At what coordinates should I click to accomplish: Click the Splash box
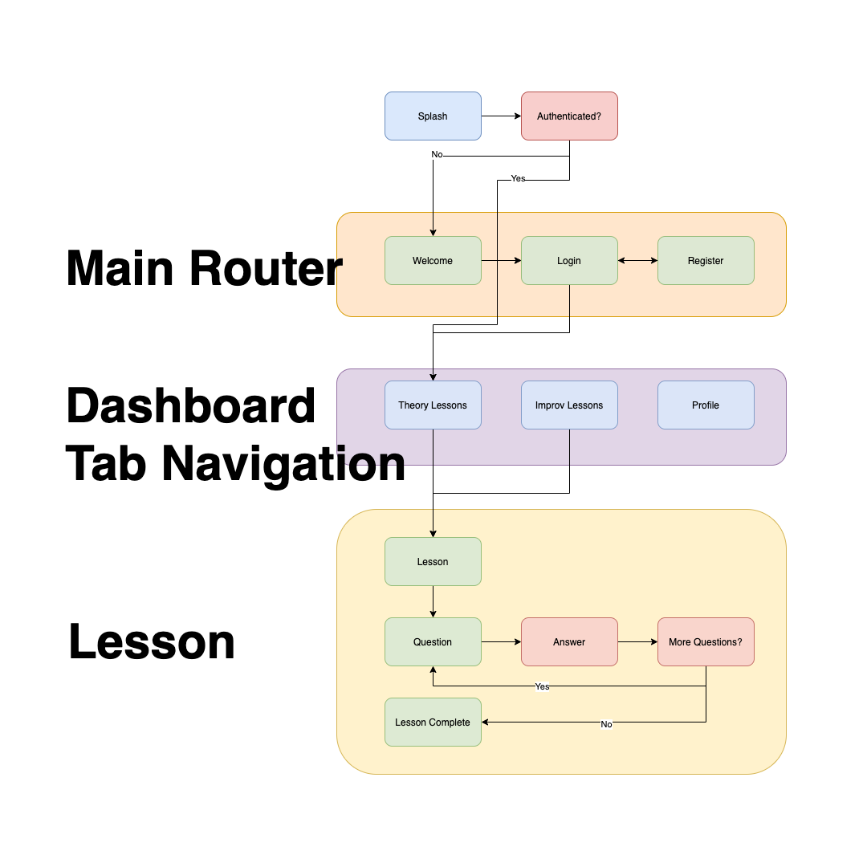point(433,116)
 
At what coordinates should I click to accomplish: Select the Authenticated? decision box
point(569,116)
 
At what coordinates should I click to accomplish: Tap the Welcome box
point(433,261)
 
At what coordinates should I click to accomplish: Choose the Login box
point(569,261)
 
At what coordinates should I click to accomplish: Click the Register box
point(706,261)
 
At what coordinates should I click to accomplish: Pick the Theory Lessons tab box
point(433,405)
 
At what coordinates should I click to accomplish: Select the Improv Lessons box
point(569,405)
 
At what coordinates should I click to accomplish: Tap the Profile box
point(706,405)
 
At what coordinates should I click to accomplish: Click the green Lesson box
point(433,562)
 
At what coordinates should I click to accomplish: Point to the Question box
point(433,642)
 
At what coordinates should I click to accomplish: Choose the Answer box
point(569,642)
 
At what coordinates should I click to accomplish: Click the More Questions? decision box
point(706,642)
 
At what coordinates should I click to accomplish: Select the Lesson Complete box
point(433,722)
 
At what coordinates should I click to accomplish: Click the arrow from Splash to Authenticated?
point(501,116)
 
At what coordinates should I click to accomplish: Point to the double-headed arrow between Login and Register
point(637,261)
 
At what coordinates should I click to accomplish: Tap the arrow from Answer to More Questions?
point(637,642)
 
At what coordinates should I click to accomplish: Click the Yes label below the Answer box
point(543,687)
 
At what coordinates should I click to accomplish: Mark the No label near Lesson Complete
point(606,724)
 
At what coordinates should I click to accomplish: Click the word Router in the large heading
point(267,268)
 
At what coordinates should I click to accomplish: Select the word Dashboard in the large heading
point(191,406)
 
